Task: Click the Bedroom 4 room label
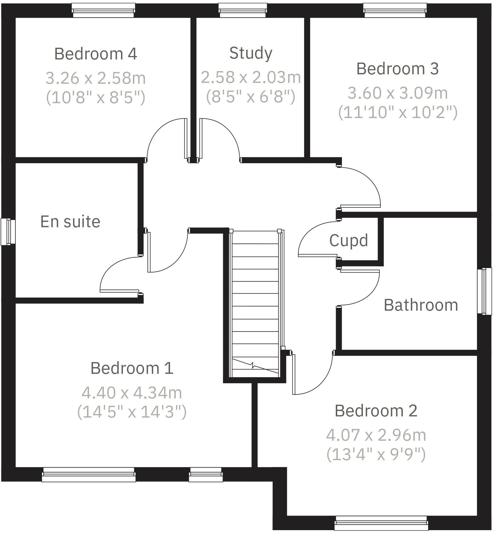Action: [96, 54]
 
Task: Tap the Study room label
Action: [251, 53]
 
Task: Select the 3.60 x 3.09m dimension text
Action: [397, 93]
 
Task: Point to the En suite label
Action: [70, 222]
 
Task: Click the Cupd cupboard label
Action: [348, 240]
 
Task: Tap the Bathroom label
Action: [421, 305]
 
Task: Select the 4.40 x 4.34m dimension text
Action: [132, 393]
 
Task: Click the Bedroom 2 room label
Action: [376, 411]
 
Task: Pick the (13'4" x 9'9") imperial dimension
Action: [376, 454]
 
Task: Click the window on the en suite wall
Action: [8, 232]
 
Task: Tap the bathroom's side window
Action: [484, 291]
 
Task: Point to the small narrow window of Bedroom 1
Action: [206, 474]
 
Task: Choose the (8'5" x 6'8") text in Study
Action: [250, 97]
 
